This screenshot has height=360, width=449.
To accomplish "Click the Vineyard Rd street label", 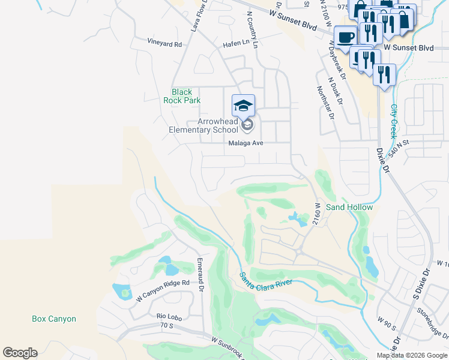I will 164,44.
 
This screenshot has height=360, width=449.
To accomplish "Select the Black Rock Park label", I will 182,96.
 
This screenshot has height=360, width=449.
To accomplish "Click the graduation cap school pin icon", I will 243,106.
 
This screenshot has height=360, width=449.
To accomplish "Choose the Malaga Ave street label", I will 246,143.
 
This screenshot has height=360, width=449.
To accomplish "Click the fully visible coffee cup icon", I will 345,37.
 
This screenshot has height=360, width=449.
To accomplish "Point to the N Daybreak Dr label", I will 337,61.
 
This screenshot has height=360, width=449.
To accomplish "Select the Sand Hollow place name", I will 349,207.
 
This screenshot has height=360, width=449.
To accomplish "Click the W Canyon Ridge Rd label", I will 163,290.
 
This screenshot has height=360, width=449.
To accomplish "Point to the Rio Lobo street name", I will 169,316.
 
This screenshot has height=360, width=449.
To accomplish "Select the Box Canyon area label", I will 54,319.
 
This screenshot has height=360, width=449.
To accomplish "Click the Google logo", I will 20,353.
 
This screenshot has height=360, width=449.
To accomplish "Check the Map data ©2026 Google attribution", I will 411,355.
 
